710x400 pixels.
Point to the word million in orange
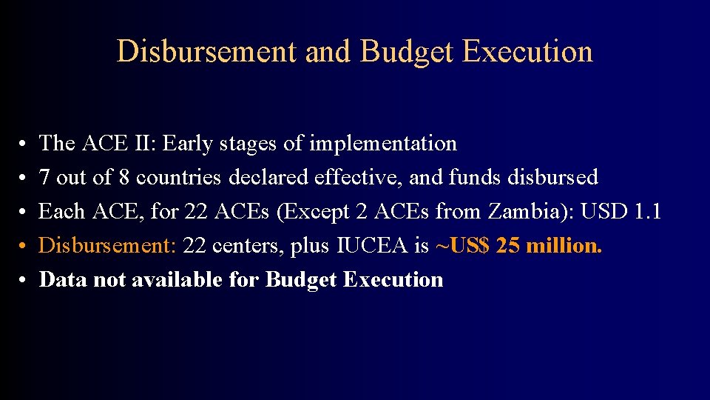click(x=566, y=246)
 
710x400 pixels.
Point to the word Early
click(x=186, y=144)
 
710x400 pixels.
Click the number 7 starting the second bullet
click(x=44, y=178)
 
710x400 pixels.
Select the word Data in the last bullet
click(x=59, y=280)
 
